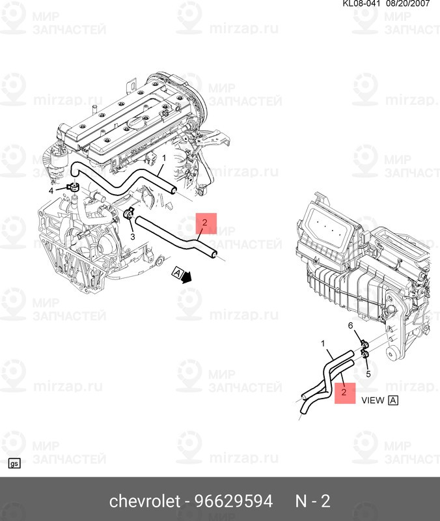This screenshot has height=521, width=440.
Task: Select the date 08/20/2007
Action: [413, 4]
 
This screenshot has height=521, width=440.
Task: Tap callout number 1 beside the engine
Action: [164, 158]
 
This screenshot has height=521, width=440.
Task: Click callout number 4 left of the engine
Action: [51, 191]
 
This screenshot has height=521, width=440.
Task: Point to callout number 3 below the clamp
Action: [132, 236]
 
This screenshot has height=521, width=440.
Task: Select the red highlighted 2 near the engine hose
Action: [204, 223]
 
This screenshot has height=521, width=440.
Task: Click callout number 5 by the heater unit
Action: [368, 374]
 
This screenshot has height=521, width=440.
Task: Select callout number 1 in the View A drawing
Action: [322, 343]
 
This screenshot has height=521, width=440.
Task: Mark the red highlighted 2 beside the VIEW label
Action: [345, 393]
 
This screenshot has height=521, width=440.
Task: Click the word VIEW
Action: [373, 401]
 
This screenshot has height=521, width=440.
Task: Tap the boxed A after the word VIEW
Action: [393, 401]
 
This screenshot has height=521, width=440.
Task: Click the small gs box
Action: [14, 464]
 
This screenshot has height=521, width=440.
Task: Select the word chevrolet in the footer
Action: [144, 501]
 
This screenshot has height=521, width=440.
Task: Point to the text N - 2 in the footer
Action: [313, 501]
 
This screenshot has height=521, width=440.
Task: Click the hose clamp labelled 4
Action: [71, 188]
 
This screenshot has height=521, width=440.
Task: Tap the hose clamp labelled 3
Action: [128, 213]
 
